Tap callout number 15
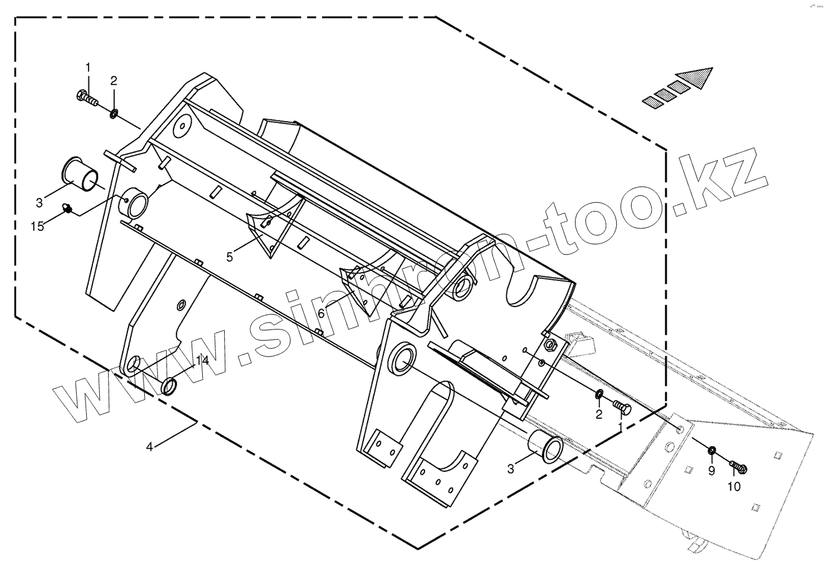click(38, 226)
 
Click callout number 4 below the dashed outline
click(149, 447)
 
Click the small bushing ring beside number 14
click(169, 387)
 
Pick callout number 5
click(230, 257)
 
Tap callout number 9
click(711, 472)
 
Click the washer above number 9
click(712, 451)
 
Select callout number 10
click(734, 486)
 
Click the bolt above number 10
click(738, 466)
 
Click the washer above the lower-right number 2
click(597, 394)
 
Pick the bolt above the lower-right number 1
click(623, 408)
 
